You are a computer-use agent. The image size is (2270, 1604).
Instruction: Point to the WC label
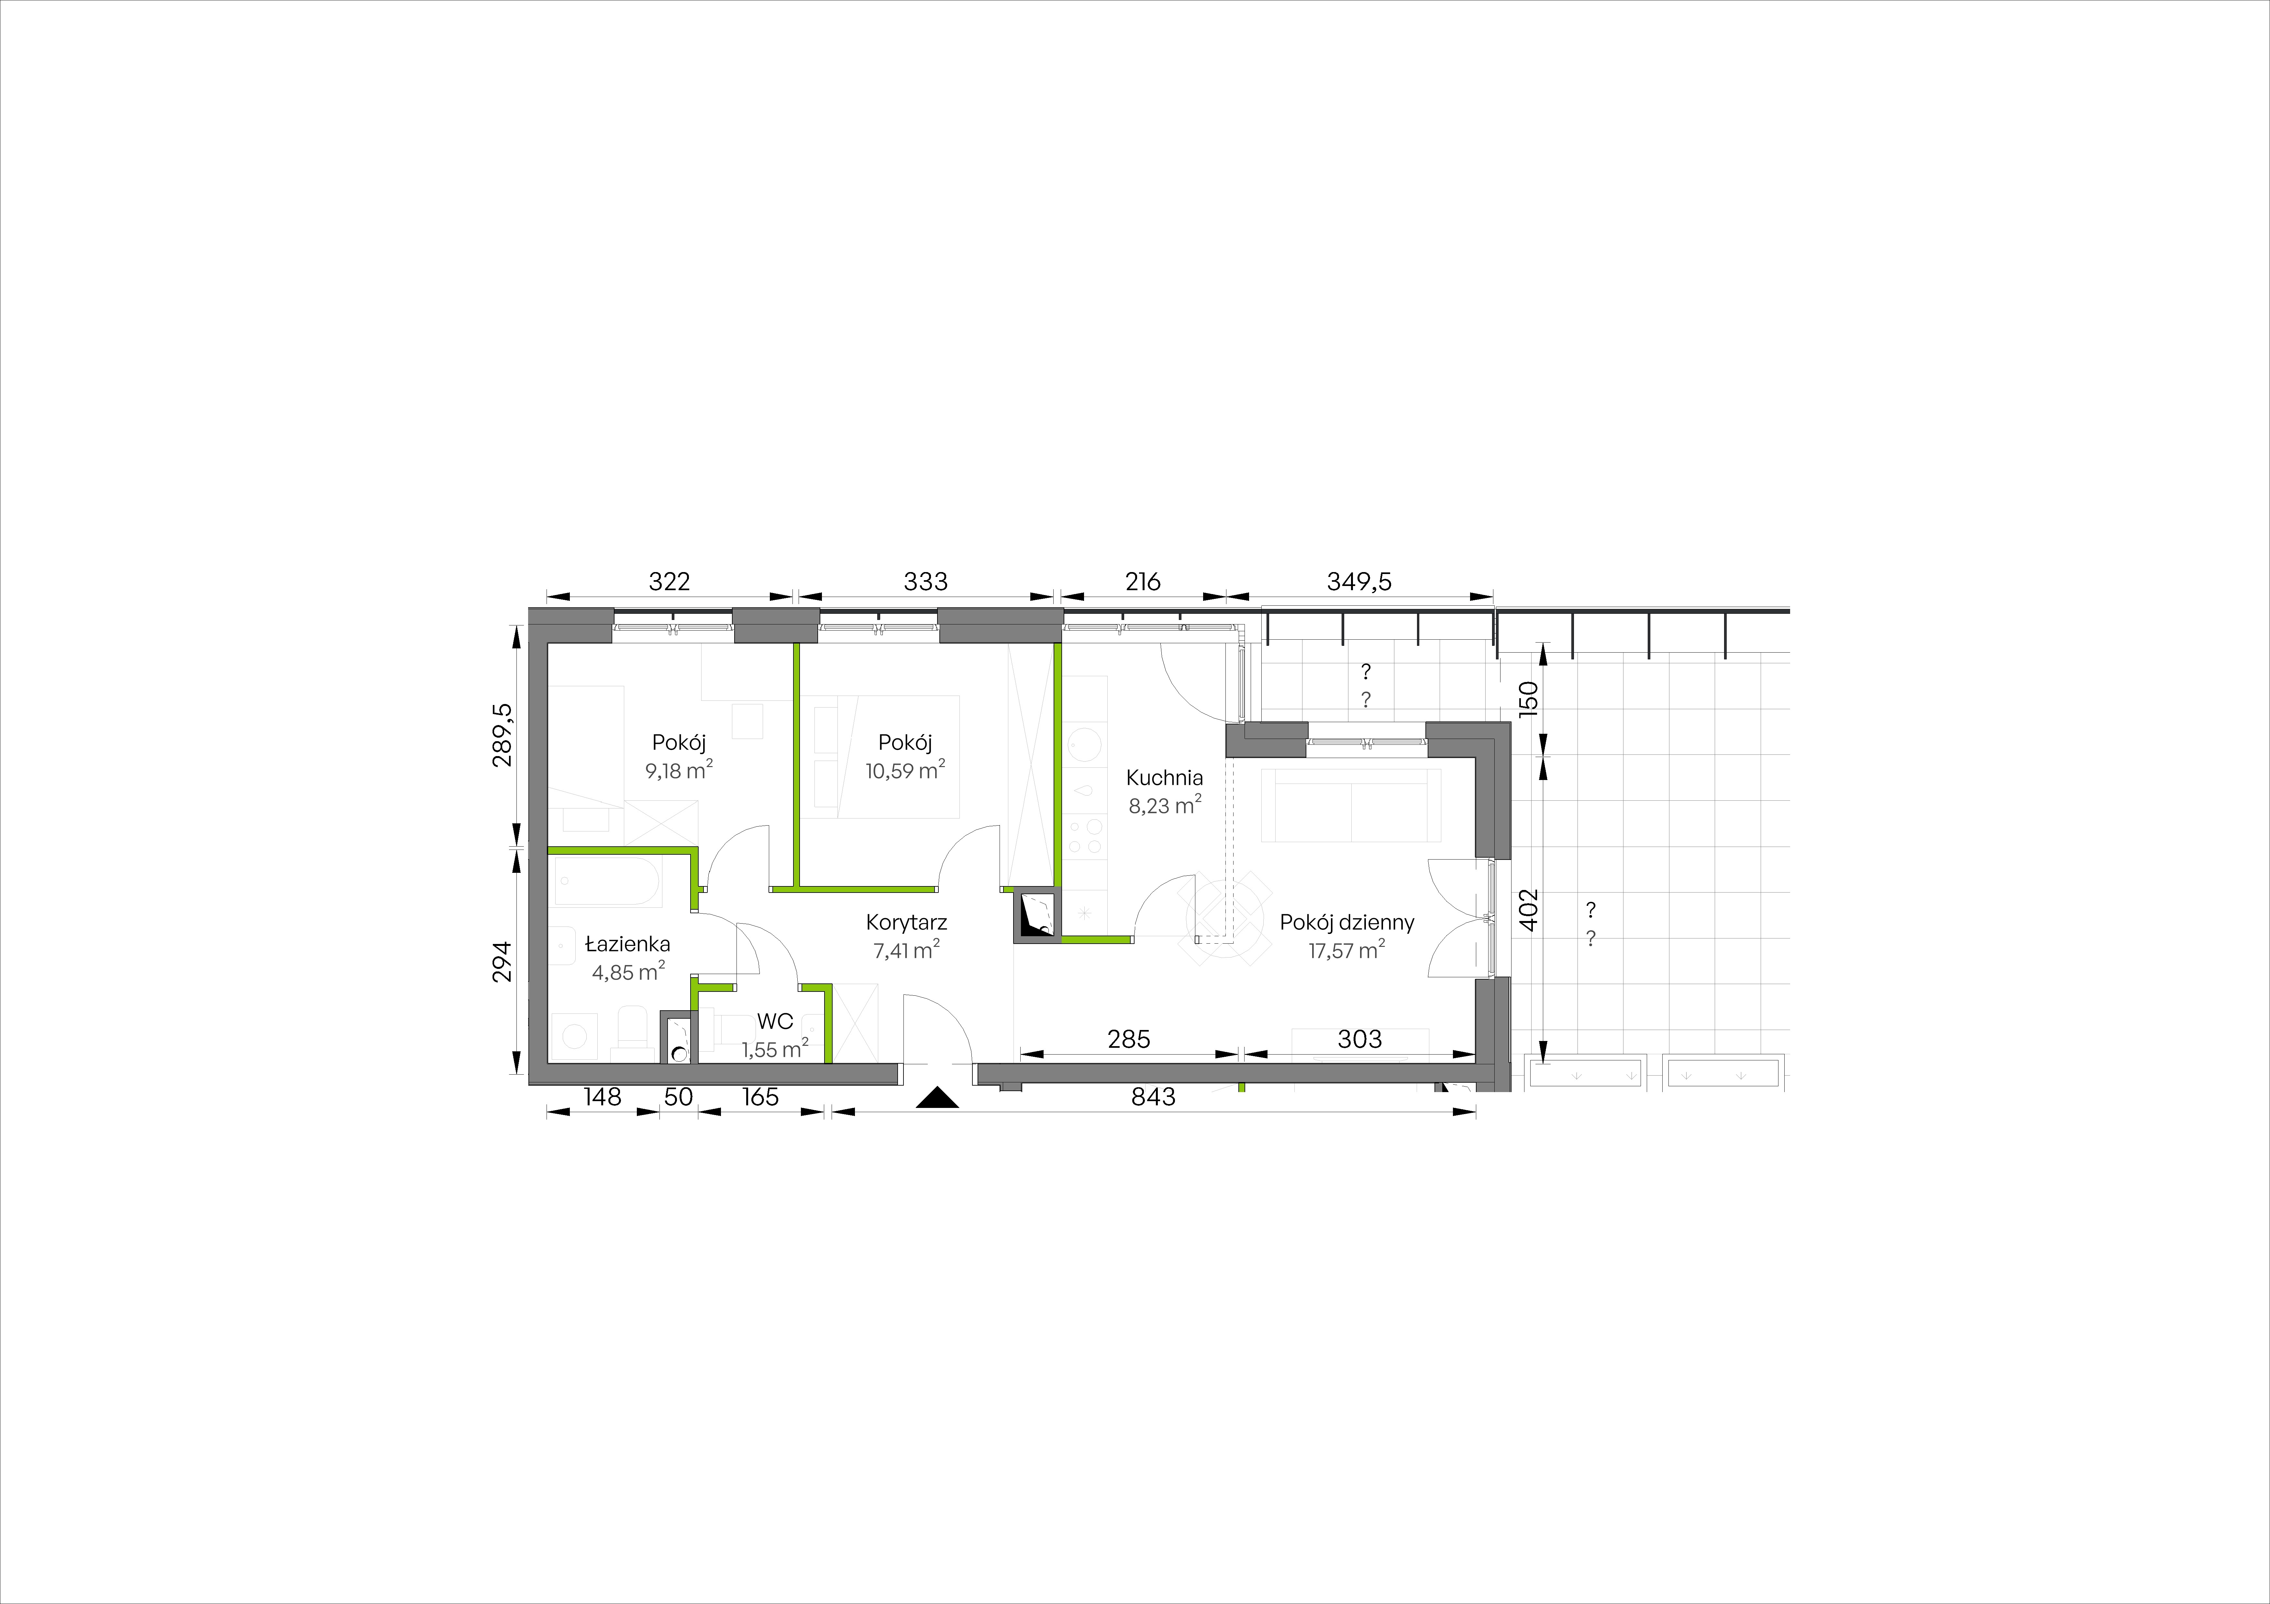(775, 1022)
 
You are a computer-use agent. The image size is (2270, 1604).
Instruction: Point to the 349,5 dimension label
(1358, 582)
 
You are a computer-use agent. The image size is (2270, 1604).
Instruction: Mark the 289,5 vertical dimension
(503, 734)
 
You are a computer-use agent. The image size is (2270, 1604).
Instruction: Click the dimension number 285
(1129, 1040)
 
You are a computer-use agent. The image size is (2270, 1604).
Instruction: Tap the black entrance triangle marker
(937, 1098)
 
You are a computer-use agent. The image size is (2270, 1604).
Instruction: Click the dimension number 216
(1143, 582)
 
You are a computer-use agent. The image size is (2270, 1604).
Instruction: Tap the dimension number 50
(678, 1097)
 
